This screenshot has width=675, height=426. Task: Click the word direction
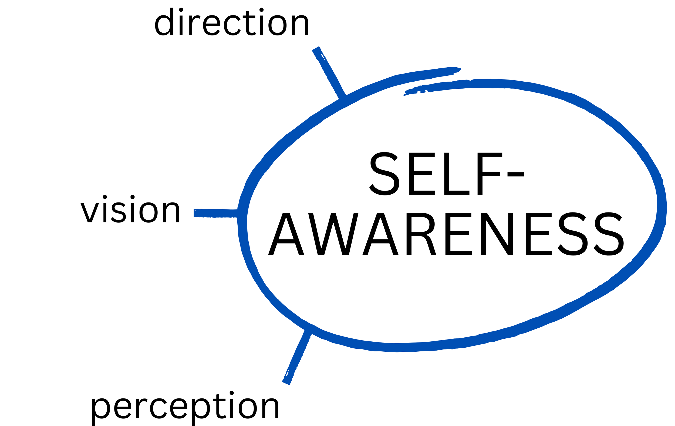click(232, 22)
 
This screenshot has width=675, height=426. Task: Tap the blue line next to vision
click(215, 213)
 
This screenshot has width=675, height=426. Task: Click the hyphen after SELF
click(515, 174)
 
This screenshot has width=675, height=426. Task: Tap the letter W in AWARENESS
click(333, 234)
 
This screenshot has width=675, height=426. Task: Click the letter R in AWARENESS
click(420, 234)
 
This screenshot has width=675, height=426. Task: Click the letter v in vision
click(90, 212)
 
